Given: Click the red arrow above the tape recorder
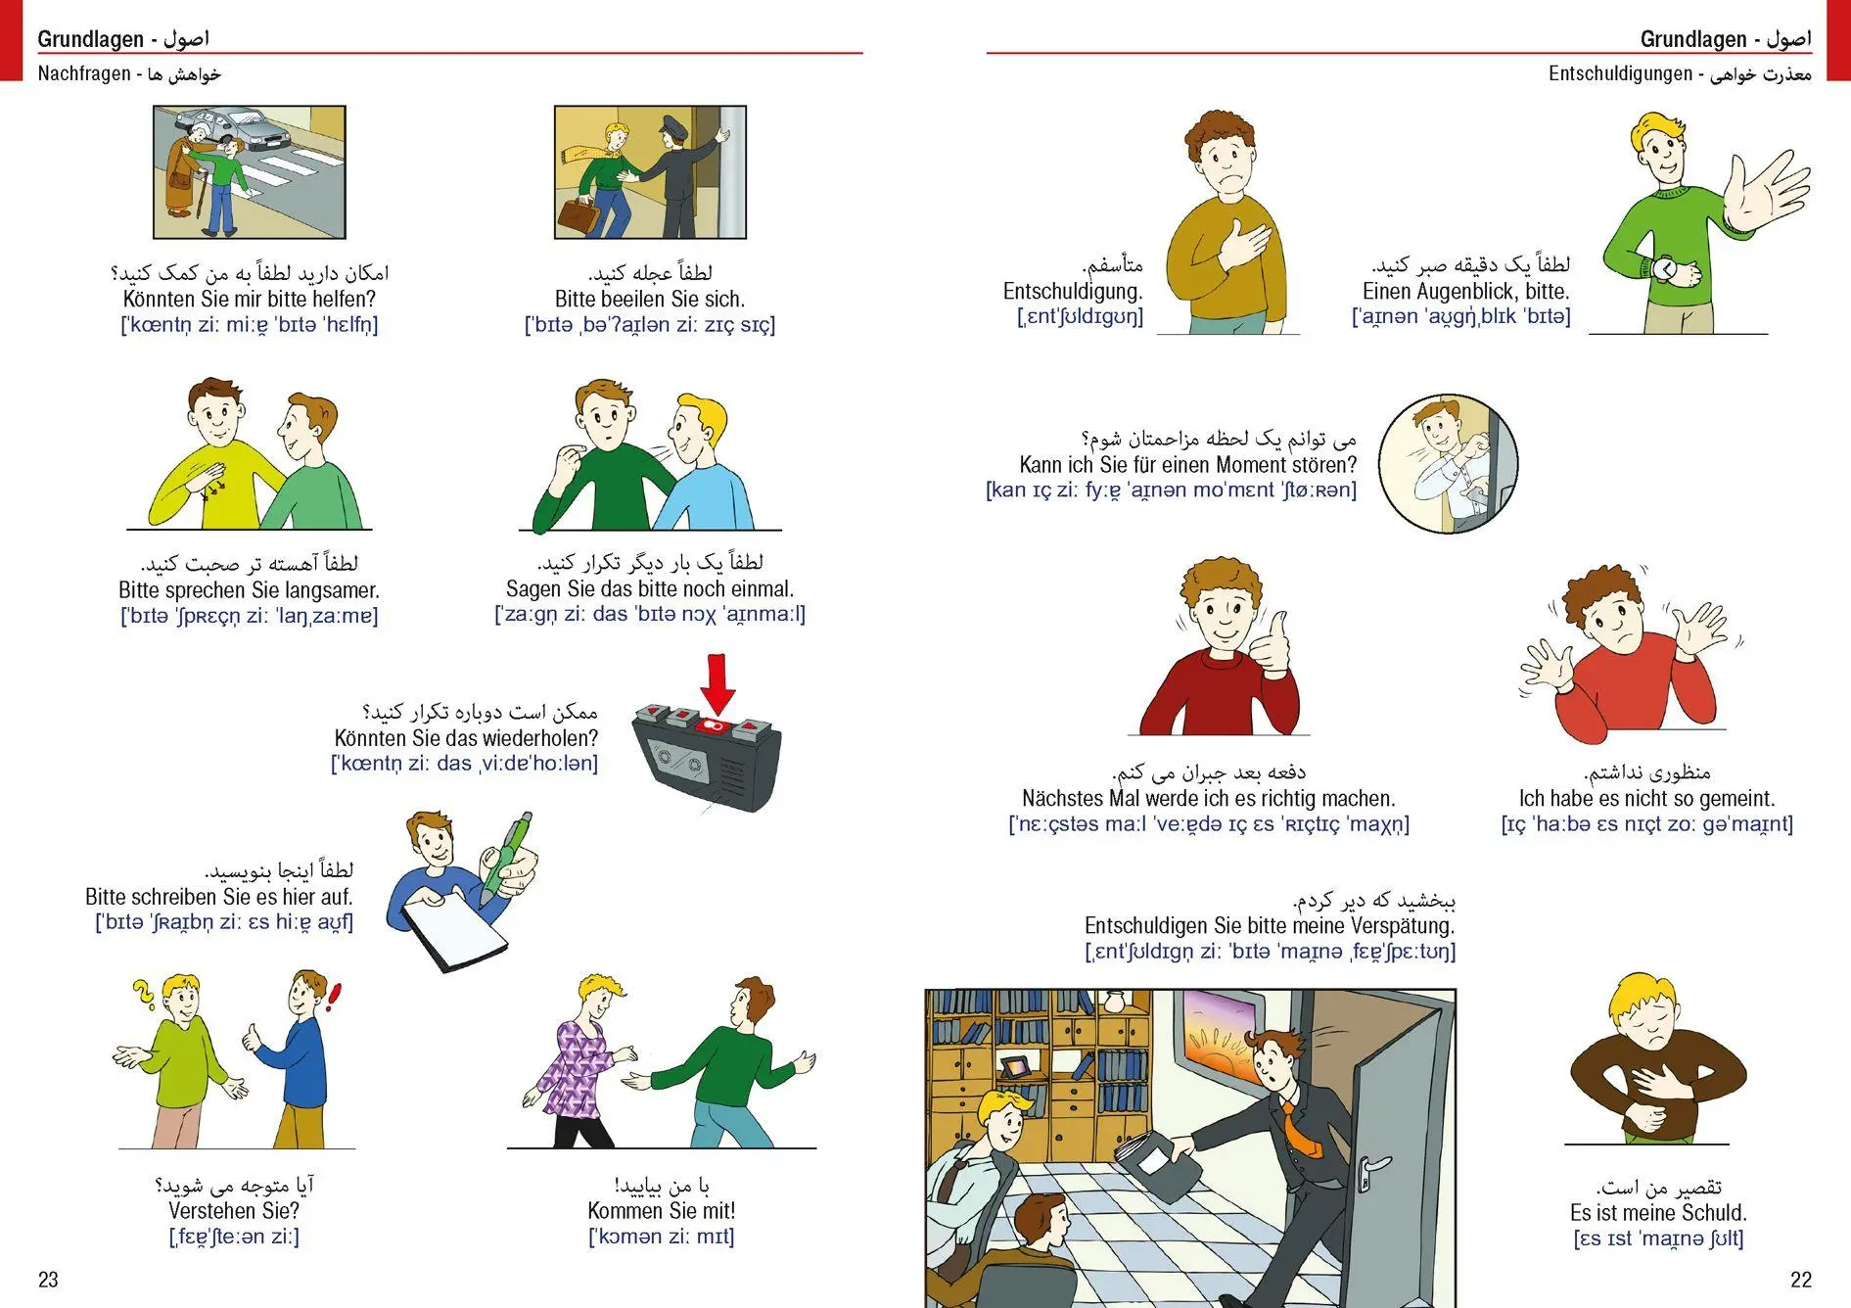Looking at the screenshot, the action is click(x=717, y=684).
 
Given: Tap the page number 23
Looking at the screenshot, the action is click(x=48, y=1279).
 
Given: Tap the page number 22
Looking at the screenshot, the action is click(x=1800, y=1279).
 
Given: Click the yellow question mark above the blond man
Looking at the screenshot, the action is click(x=145, y=996).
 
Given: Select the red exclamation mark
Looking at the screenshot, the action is click(x=335, y=998).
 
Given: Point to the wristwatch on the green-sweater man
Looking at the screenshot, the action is click(x=1663, y=269).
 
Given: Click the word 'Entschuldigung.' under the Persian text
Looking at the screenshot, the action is click(x=1073, y=291).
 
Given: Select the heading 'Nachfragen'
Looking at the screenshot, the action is click(x=84, y=73).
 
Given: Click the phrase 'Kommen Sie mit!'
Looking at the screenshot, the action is click(x=661, y=1211).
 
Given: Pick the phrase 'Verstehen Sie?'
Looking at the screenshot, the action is click(x=234, y=1211).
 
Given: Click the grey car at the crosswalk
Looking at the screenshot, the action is click(x=231, y=126).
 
